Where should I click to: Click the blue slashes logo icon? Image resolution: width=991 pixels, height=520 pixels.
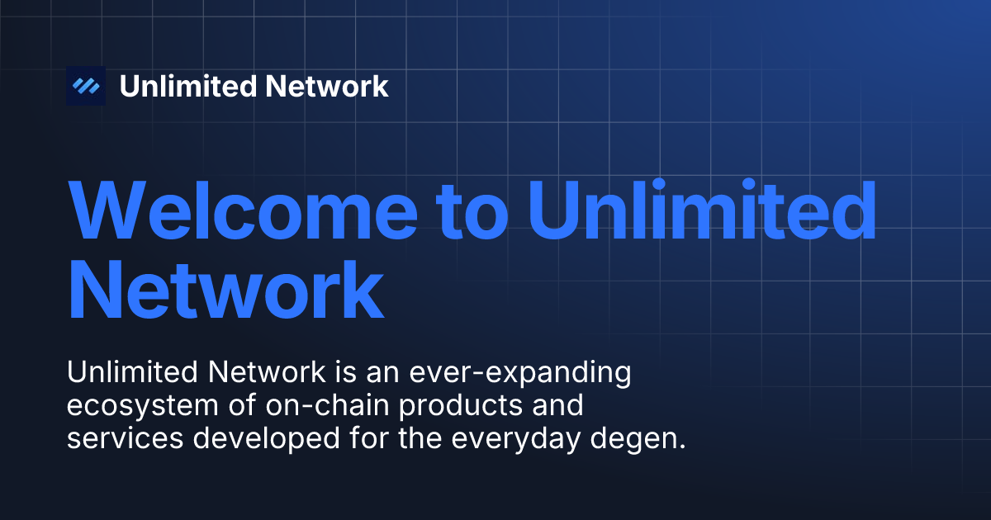click(x=86, y=86)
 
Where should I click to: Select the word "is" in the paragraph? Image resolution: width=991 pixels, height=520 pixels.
click(x=346, y=373)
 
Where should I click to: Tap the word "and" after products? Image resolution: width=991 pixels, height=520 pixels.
click(x=556, y=406)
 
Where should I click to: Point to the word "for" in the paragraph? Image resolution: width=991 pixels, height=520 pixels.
click(x=367, y=438)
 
